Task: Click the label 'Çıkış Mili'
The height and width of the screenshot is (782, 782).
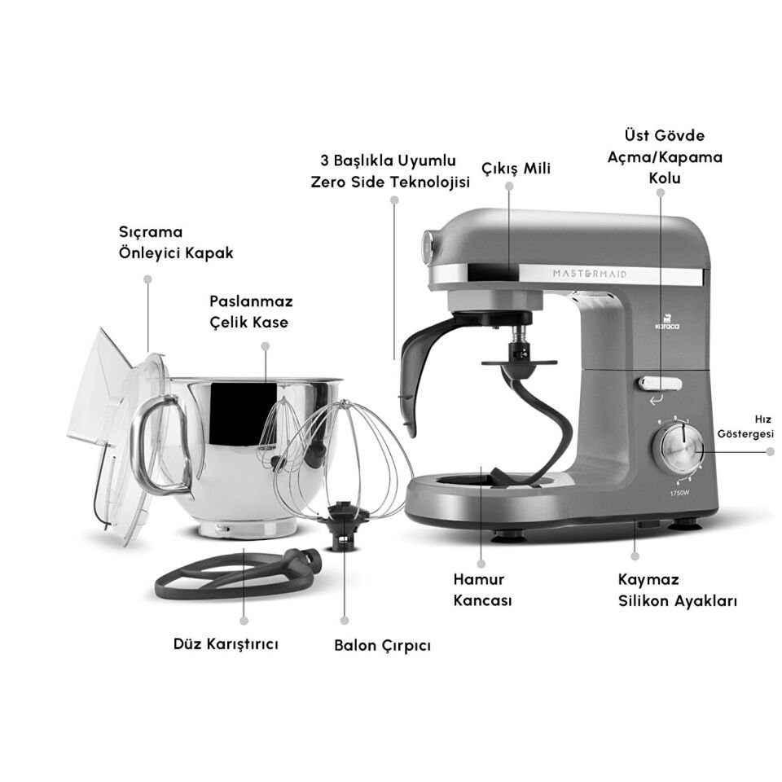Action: pos(516,169)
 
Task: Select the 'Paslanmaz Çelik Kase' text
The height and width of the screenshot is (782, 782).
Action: pos(251,312)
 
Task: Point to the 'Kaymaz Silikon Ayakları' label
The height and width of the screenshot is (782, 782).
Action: pos(676,591)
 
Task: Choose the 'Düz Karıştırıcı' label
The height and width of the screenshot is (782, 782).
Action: pos(226,644)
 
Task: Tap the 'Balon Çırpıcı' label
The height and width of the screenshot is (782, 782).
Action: pos(382,645)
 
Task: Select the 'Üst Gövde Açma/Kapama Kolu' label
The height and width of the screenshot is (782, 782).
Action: pos(665,156)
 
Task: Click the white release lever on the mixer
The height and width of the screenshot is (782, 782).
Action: pos(660,383)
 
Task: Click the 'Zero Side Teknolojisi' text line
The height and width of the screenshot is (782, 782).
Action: pos(390,182)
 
